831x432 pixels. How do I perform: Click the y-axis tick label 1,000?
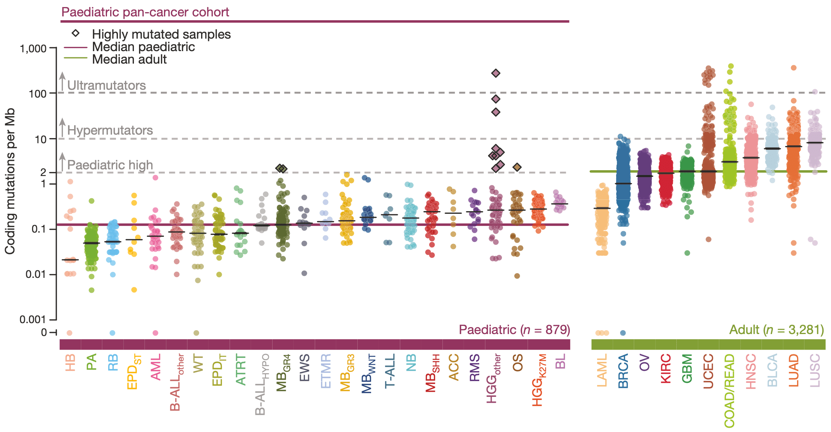(x=33, y=49)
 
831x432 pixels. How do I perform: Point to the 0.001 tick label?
(x=33, y=320)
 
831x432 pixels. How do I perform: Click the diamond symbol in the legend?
(x=76, y=34)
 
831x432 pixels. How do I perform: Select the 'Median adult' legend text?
(x=129, y=59)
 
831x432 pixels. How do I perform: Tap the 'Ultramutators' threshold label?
(x=106, y=85)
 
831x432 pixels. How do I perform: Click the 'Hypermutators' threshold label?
(x=110, y=130)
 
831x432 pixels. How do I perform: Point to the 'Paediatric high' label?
(x=110, y=165)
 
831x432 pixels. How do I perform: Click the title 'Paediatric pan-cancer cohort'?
(x=145, y=12)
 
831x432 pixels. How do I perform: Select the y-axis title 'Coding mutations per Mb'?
(x=10, y=181)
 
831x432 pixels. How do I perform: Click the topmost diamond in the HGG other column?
(x=496, y=73)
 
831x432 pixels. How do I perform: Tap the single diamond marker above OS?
(x=517, y=167)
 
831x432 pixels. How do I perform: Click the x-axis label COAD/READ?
(x=729, y=391)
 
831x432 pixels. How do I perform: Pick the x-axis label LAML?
(x=602, y=370)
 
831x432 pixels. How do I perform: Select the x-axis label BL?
(x=560, y=361)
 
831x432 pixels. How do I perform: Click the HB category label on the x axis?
(x=70, y=363)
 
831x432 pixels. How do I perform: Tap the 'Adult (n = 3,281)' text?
(x=776, y=330)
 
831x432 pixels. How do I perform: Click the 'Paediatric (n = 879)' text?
(x=514, y=330)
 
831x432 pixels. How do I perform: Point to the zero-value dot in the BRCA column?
(x=623, y=333)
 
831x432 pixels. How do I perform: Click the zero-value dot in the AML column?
(x=155, y=333)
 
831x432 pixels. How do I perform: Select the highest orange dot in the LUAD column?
(x=794, y=68)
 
